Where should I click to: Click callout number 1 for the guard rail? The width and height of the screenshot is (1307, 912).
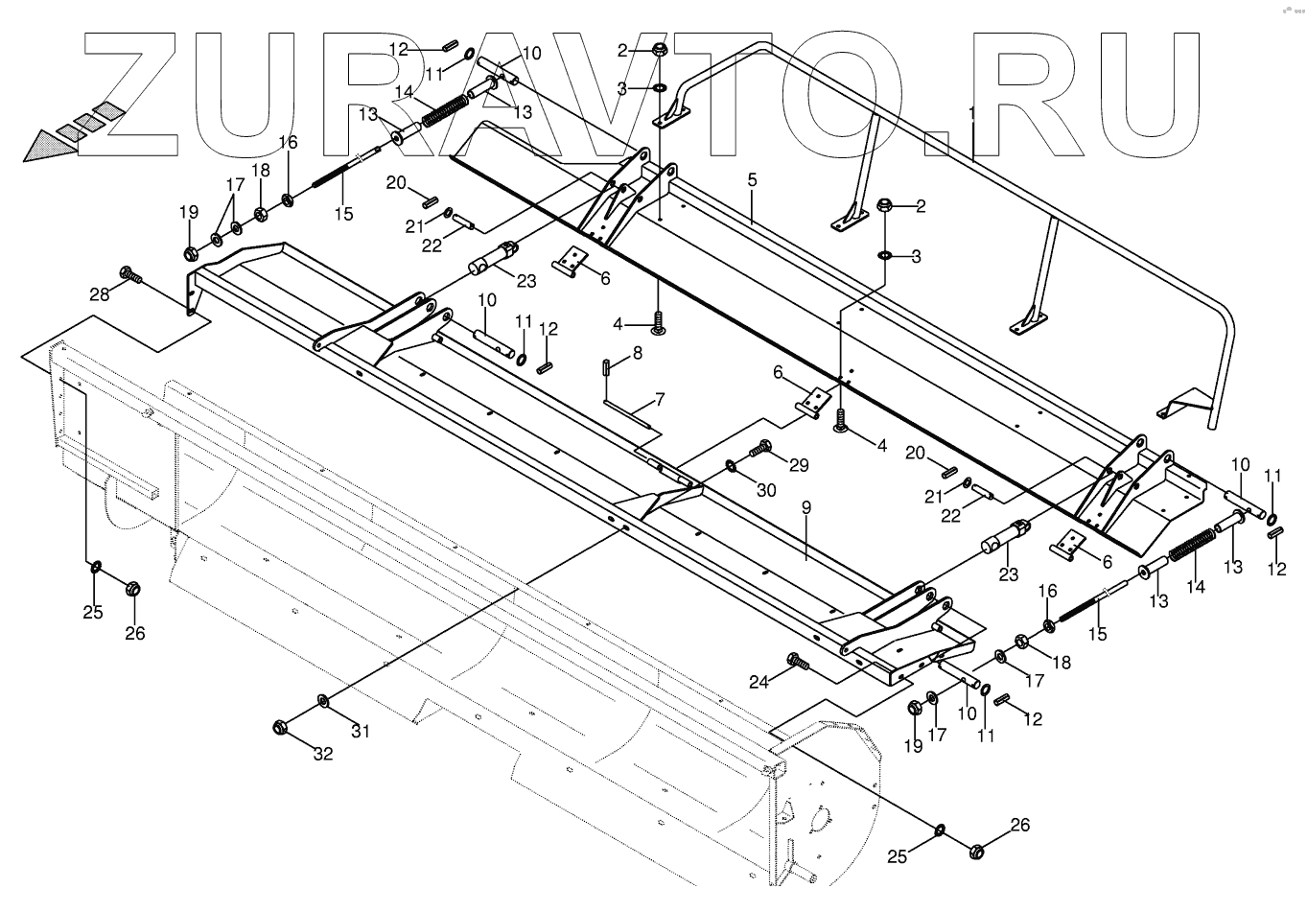click(x=972, y=113)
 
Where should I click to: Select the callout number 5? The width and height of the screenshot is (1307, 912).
click(x=753, y=179)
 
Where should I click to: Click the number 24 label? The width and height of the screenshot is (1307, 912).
click(x=759, y=682)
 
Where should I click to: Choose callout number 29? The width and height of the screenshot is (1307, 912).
click(x=799, y=466)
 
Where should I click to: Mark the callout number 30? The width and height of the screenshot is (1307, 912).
click(x=766, y=489)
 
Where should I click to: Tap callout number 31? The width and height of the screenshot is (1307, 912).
click(x=360, y=733)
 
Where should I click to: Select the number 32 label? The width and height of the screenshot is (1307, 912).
click(x=323, y=754)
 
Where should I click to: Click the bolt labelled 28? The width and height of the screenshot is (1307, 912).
click(x=130, y=276)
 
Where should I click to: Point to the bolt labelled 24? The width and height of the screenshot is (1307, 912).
click(x=796, y=661)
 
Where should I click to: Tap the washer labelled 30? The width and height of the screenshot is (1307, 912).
click(x=732, y=466)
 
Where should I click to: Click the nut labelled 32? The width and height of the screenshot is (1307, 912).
click(x=281, y=726)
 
